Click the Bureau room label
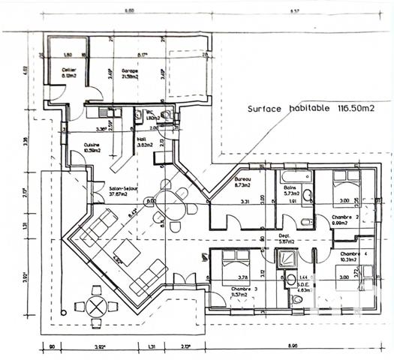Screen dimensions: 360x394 point(242,181)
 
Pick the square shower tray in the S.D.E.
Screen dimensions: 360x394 point(286,259)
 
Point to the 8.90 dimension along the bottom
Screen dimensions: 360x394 point(291,347)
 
